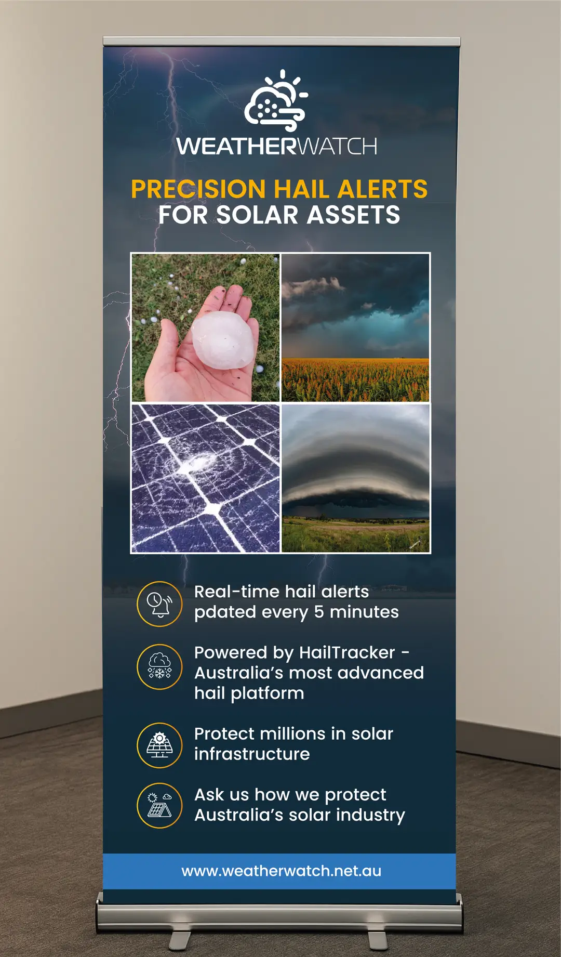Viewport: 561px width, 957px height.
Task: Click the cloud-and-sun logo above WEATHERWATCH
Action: pos(276,101)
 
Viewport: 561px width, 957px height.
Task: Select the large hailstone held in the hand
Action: pos(225,338)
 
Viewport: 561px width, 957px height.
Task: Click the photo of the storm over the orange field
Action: pos(355,327)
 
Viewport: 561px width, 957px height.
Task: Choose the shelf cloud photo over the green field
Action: pos(355,478)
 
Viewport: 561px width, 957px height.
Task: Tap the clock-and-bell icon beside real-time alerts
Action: pos(159,604)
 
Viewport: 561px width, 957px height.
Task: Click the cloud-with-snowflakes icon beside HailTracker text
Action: pos(159,666)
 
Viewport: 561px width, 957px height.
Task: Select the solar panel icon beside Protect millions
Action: pos(159,745)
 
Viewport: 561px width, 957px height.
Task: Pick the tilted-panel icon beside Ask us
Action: pos(159,805)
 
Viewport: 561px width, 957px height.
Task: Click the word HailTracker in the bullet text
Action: pos(347,652)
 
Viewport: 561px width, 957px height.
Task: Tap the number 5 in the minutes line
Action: pos(319,612)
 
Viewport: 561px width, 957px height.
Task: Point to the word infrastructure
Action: pos(252,754)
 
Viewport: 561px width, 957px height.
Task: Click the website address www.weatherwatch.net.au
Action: pos(281,871)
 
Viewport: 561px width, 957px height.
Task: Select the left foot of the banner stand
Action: pos(179,939)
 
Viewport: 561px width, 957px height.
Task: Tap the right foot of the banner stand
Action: pos(378,939)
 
